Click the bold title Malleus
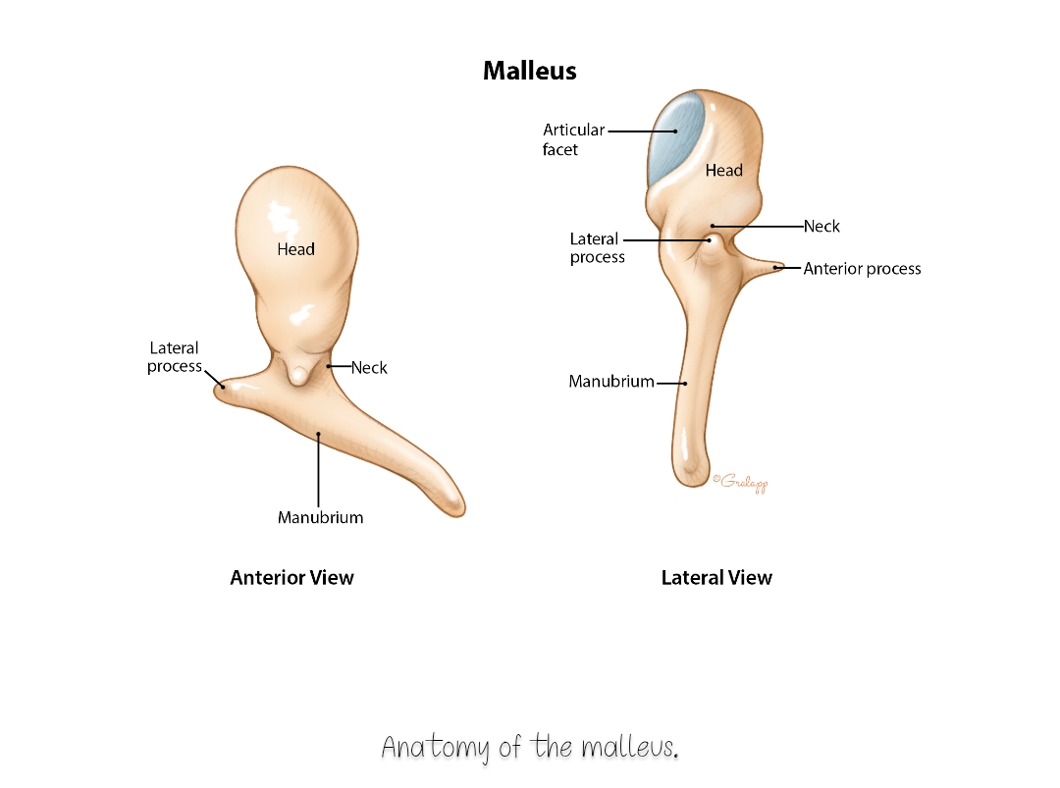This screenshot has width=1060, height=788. pos(529,71)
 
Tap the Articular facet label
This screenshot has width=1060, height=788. pos(573,139)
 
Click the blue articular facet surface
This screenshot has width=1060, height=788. pos(675,138)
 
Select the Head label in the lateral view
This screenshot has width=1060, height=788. pos(724,171)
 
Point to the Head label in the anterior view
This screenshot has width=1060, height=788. pos(296,249)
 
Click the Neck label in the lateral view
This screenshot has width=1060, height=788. pos(821,226)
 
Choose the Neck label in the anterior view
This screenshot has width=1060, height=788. pos(369,368)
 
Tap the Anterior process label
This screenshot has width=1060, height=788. pos(862,269)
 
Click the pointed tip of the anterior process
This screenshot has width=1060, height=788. pos(783,266)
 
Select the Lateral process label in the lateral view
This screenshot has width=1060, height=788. pos(597,247)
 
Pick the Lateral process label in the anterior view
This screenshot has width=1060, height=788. pos(175,357)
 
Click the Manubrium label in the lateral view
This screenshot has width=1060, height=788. pos(611,381)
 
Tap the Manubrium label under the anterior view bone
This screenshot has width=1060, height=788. pos(320,518)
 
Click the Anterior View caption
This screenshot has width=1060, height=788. pos(292,578)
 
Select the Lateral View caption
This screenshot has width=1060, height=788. pos(716,578)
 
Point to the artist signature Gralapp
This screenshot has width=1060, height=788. pos(740,482)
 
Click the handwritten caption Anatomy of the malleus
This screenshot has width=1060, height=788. pos(530,748)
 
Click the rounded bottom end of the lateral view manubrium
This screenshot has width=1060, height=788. pos(690,479)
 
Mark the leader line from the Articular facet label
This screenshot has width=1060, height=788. pos(642,131)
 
